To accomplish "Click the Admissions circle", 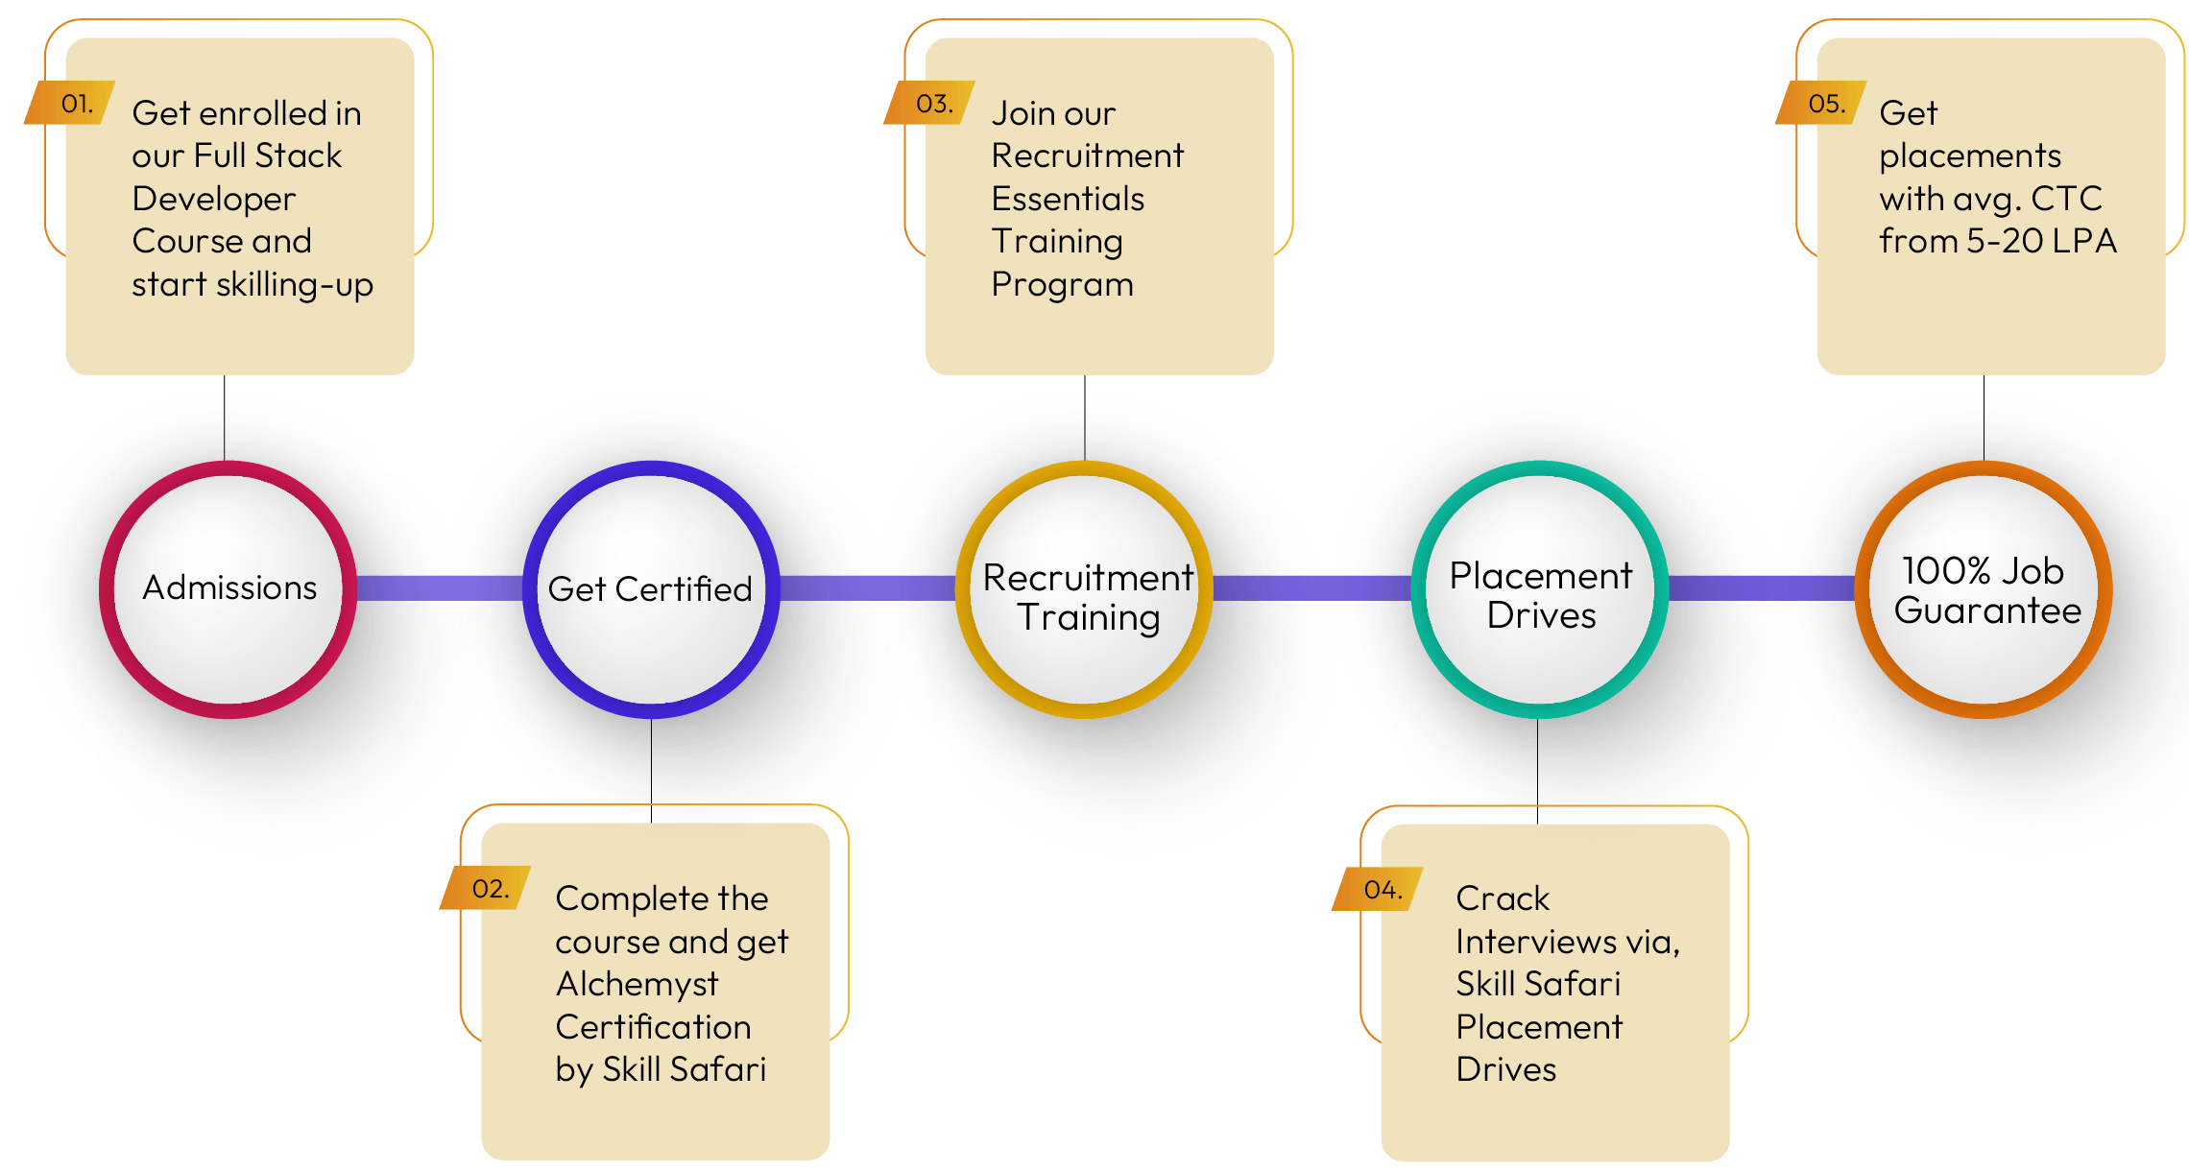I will pos(229,588).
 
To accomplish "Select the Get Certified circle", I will pos(651,588).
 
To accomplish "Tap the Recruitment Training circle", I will pos(1085,588).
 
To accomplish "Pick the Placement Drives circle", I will pos(1540,588).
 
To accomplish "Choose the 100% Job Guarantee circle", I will pos(1984,588).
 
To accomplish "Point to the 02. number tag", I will pos(488,888).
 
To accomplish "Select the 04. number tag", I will pos(1381,889).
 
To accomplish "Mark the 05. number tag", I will pos(1824,103).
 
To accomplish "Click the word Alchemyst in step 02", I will pos(637,984).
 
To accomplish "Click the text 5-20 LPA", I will pos(2041,241).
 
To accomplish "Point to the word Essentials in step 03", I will pos(1068,199).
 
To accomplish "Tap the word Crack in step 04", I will pos(1502,898).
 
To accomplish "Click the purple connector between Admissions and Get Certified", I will pos(439,587).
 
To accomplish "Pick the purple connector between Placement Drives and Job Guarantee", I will pos(1761,587).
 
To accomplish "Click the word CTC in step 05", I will pos(2066,199).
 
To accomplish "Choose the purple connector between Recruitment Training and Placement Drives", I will pos(1311,587).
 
